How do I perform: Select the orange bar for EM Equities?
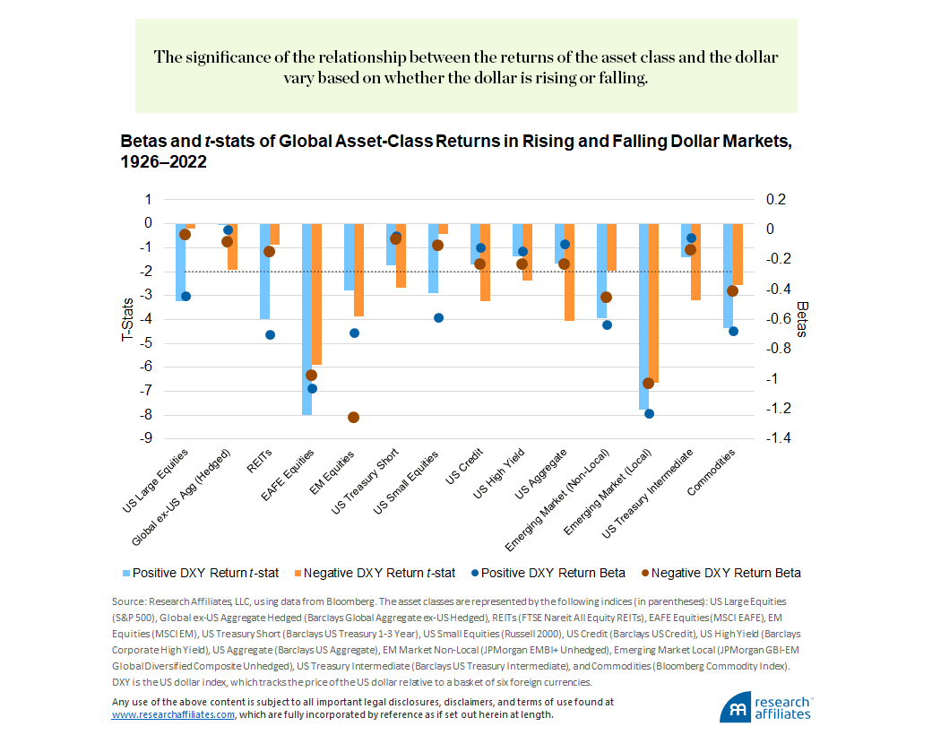coord(358,269)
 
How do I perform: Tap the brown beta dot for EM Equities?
coord(353,417)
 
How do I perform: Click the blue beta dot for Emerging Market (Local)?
coord(649,413)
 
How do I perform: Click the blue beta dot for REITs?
coord(270,335)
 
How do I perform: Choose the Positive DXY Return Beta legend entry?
coord(547,573)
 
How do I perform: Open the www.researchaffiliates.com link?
coord(173,714)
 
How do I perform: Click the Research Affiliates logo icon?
coord(736,707)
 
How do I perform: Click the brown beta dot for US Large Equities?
coord(186,234)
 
